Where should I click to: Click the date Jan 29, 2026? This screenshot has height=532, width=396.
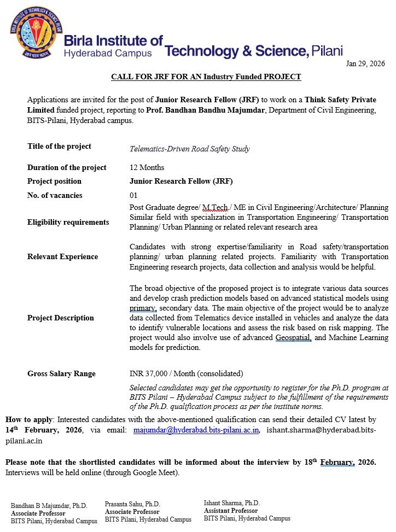click(365, 64)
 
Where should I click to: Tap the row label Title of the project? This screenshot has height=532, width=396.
click(59, 147)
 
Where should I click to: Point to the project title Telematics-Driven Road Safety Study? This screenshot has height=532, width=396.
click(190, 149)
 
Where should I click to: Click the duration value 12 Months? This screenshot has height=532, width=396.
click(147, 167)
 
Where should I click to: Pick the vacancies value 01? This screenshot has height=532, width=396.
click(134, 195)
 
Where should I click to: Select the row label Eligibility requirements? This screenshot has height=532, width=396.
click(68, 222)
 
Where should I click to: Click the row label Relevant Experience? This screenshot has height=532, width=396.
click(62, 256)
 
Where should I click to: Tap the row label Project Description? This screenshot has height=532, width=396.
click(60, 318)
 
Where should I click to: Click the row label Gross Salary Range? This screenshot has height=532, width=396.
click(61, 373)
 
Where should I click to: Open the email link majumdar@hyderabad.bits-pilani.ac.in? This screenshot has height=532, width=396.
click(196, 430)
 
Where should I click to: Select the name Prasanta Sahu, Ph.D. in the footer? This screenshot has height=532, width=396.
click(132, 504)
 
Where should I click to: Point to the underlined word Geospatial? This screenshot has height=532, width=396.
click(293, 337)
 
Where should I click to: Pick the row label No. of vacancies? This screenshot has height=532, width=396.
click(55, 195)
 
